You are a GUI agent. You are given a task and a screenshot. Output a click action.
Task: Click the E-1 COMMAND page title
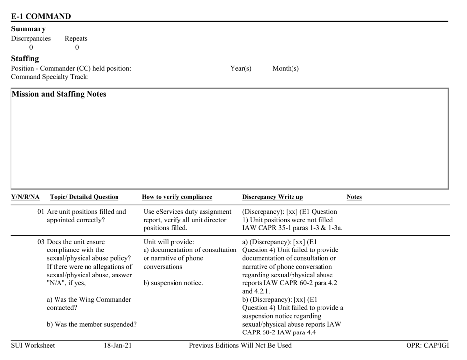click(x=41, y=16)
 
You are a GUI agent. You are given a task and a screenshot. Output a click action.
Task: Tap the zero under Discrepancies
click(x=31, y=48)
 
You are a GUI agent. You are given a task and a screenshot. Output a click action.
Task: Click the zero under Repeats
click(x=77, y=48)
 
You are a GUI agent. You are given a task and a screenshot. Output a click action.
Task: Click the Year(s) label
click(x=240, y=68)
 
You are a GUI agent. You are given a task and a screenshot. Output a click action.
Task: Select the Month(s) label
click(x=286, y=68)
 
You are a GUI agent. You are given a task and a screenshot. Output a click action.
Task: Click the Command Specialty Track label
click(x=50, y=77)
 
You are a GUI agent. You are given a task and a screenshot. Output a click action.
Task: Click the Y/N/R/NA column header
click(x=24, y=197)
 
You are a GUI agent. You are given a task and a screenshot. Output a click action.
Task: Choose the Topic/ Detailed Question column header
click(x=84, y=197)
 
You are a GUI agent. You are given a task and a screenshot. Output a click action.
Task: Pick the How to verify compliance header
click(x=176, y=197)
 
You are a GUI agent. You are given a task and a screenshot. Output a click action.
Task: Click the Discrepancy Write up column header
click(x=273, y=197)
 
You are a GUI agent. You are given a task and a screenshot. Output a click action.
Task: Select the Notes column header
click(x=354, y=197)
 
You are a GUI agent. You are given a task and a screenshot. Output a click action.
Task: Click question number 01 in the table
click(x=41, y=212)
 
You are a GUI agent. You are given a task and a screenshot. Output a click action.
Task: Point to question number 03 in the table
click(x=41, y=241)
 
